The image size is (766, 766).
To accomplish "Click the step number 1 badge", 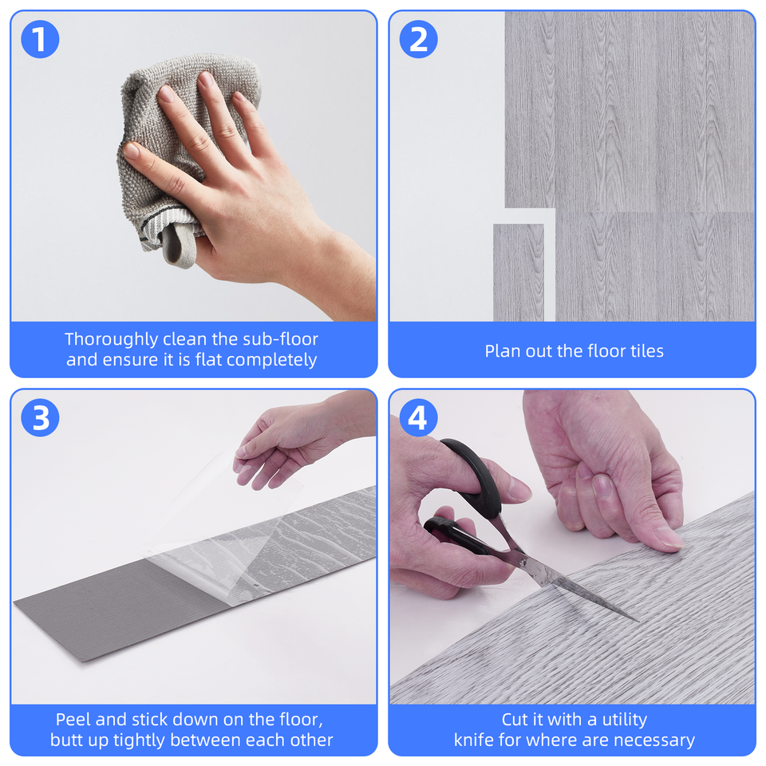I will (40, 40).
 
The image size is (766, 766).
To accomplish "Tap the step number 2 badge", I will (418, 40).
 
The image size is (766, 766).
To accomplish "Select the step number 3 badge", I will (40, 418).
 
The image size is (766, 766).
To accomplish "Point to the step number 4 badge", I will (418, 418).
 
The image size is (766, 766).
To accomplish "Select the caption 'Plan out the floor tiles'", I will (574, 351).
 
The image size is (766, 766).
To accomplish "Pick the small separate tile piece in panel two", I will (518, 271).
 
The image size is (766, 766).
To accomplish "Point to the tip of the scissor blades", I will (634, 619).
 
